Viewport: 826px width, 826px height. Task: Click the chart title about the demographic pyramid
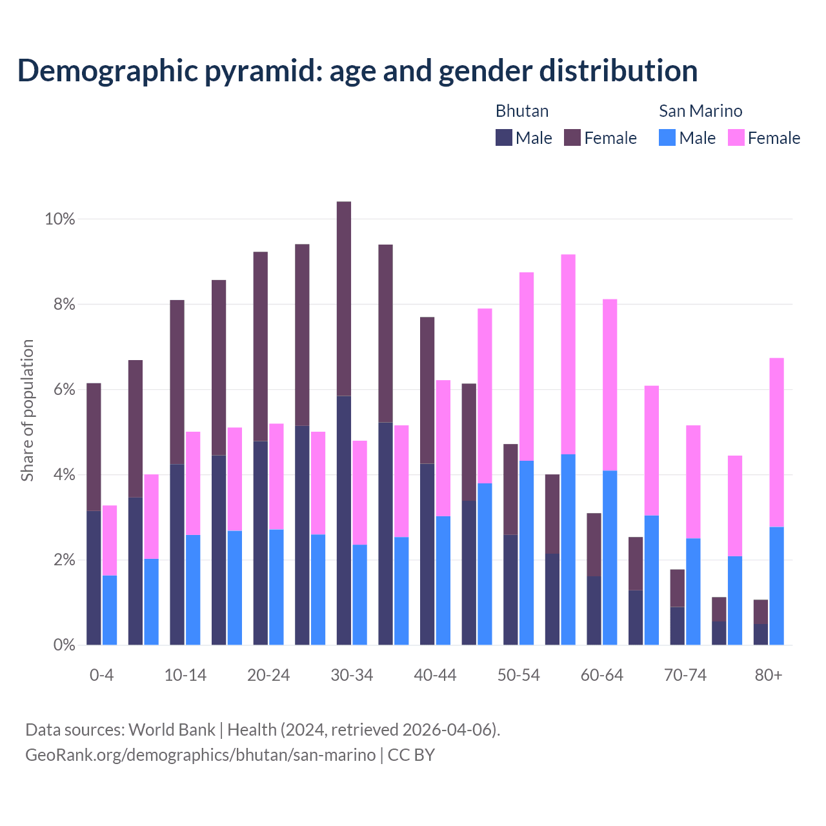pos(357,71)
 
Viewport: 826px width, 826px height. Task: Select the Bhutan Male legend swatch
pos(504,137)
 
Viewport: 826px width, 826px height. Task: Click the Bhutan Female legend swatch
pos(572,137)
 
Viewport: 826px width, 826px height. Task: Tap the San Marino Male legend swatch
pos(667,137)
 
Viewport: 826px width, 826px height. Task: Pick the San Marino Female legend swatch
pos(736,137)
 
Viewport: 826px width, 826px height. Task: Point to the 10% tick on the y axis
pos(60,219)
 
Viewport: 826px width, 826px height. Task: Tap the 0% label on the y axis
pos(64,645)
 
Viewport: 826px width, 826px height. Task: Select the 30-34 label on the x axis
pos(352,676)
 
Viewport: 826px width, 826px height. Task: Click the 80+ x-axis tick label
pos(769,676)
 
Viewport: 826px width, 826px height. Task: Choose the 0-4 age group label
pos(101,676)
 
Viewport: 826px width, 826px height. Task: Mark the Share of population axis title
pos(27,410)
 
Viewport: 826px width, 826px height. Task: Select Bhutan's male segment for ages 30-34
pos(344,520)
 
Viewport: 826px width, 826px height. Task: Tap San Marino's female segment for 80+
pos(777,442)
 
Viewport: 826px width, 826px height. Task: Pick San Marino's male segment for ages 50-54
pos(527,552)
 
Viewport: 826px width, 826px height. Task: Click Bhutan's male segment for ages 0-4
pos(94,578)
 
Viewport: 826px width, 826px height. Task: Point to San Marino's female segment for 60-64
pos(610,385)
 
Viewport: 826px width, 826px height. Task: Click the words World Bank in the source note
pos(172,730)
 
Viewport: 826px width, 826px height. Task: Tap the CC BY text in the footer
pos(411,755)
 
